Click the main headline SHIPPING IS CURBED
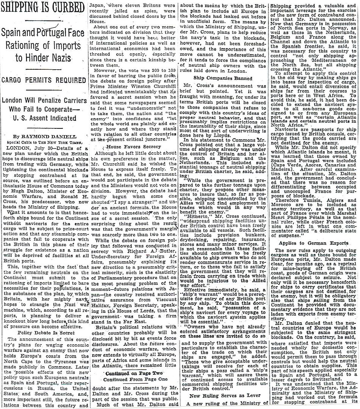(43, 7)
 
